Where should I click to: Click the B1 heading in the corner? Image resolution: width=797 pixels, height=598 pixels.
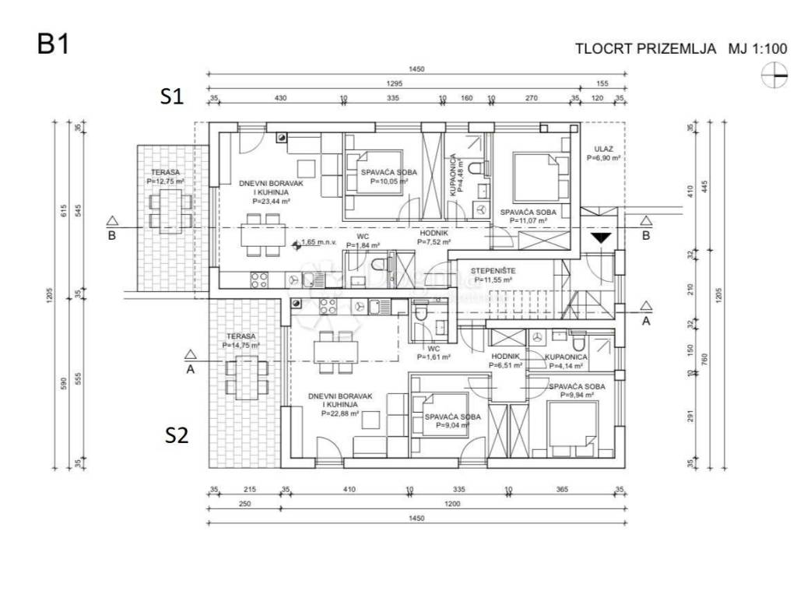[54, 44]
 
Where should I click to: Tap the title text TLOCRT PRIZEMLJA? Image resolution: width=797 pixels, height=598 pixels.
[645, 49]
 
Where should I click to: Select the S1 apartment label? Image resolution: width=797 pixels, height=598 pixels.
[171, 97]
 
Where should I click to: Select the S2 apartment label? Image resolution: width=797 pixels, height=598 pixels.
[177, 435]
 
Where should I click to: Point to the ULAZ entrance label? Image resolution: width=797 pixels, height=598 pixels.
[604, 148]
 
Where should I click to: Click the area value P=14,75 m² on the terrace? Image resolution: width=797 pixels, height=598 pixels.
[241, 345]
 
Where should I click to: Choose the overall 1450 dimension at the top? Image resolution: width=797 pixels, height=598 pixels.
[416, 69]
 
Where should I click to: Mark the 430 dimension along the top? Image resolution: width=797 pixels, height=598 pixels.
[281, 98]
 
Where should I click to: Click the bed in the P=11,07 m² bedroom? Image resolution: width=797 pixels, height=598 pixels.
[536, 176]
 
